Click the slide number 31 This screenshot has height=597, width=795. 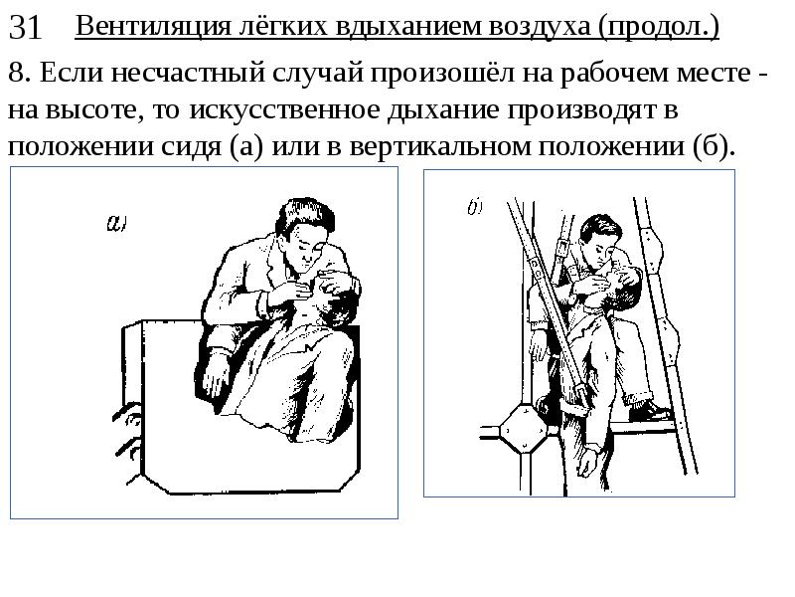tap(24, 28)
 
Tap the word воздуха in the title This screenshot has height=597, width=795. tap(540, 28)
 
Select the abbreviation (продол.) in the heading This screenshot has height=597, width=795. tap(659, 28)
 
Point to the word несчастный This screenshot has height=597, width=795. tap(188, 72)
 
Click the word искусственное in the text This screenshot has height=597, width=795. tap(284, 109)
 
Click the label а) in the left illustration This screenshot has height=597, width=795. tap(116, 222)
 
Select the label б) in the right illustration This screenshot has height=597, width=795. tap(475, 207)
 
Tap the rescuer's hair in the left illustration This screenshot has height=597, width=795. tap(303, 217)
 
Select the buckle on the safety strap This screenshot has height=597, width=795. tap(560, 245)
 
